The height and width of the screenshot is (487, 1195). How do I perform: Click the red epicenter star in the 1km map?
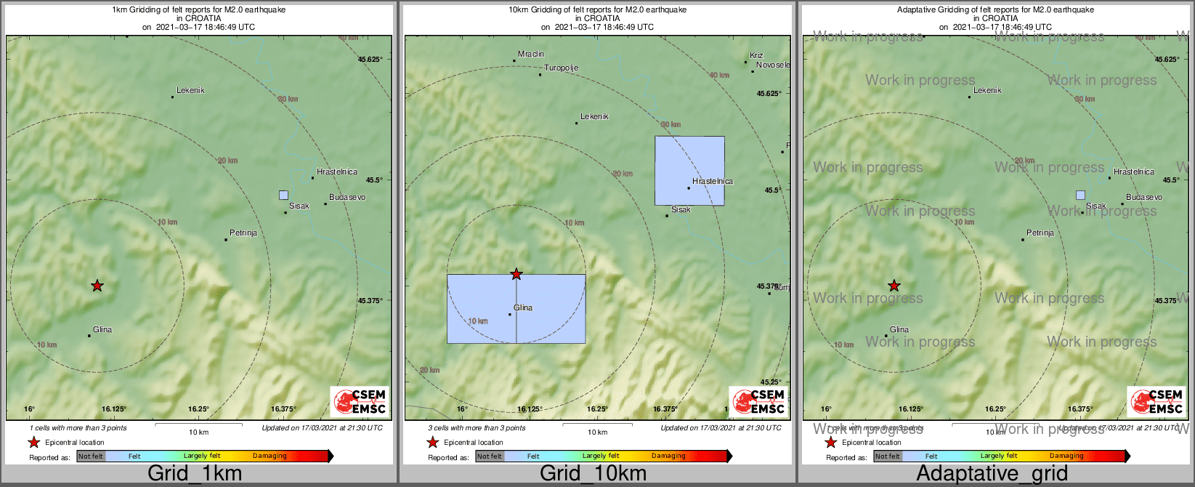97,286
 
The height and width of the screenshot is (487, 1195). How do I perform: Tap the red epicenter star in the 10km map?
517,274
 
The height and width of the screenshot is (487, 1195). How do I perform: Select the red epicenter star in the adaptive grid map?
894,286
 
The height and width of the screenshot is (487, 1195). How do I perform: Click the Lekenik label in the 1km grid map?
190,91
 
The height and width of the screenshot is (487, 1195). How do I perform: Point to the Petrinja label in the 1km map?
243,233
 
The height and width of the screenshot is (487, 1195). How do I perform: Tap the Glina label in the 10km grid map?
523,307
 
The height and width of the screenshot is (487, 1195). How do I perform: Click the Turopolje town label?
562,68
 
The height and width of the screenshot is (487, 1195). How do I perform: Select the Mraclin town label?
531,55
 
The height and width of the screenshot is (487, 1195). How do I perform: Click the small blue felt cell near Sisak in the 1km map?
283,195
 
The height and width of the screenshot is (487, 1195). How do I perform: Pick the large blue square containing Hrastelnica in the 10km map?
689,170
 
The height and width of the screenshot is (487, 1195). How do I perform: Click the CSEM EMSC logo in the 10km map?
758,402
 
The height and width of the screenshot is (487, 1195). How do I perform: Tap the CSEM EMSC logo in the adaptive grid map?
1156,402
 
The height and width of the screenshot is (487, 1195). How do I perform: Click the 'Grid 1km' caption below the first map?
195,474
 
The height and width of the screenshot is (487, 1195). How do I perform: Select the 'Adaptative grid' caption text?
992,474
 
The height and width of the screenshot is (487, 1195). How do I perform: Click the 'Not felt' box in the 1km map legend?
91,456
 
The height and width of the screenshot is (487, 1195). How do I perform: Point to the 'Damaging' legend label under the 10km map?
668,456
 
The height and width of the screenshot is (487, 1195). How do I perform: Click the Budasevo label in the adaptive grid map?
1144,197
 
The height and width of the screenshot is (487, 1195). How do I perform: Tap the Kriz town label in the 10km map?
757,55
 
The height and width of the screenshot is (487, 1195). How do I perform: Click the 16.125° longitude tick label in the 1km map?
114,409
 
